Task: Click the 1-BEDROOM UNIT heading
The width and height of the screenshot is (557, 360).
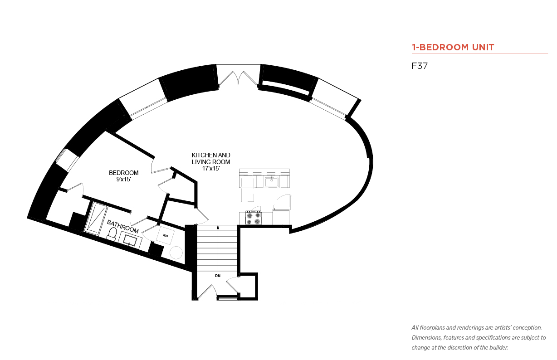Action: pyautogui.click(x=453, y=47)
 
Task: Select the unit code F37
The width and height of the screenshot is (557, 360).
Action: pyautogui.click(x=420, y=66)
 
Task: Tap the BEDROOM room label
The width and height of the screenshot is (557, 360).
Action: pyautogui.click(x=123, y=173)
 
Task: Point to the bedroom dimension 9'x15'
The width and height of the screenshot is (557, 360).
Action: pyautogui.click(x=123, y=179)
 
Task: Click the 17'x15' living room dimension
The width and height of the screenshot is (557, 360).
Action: pyautogui.click(x=211, y=168)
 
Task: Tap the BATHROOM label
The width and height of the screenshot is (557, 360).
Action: pyautogui.click(x=122, y=227)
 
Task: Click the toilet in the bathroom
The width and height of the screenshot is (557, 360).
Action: pyautogui.click(x=112, y=234)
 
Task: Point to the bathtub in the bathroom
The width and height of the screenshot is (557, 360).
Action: pyautogui.click(x=96, y=219)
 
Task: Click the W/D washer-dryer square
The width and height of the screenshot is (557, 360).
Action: pyautogui.click(x=165, y=235)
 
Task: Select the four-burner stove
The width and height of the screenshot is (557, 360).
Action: pyautogui.click(x=254, y=218)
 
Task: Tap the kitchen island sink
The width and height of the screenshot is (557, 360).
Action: pyautogui.click(x=271, y=182)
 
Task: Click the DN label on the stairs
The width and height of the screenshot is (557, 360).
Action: pyautogui.click(x=218, y=276)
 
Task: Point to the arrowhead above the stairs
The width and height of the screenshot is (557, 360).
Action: pyautogui.click(x=218, y=227)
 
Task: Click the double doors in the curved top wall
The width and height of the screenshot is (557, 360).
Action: pyautogui.click(x=238, y=78)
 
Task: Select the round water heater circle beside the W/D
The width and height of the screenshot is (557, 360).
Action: pyautogui.click(x=176, y=253)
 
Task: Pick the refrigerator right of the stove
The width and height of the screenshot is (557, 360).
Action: pyautogui.click(x=281, y=218)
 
